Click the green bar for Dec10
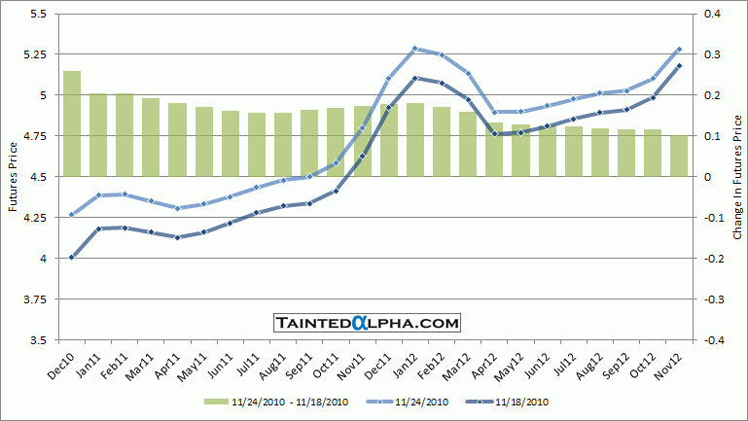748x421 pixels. pos(72,123)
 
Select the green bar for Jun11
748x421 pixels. pos(231,144)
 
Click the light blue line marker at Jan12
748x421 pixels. pos(415,48)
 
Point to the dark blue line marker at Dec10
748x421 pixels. pos(72,258)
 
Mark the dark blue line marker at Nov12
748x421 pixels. pos(679,65)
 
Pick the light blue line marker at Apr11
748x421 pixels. pos(178,208)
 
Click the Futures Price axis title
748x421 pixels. pos(12,177)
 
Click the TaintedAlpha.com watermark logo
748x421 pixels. pos(367,322)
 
